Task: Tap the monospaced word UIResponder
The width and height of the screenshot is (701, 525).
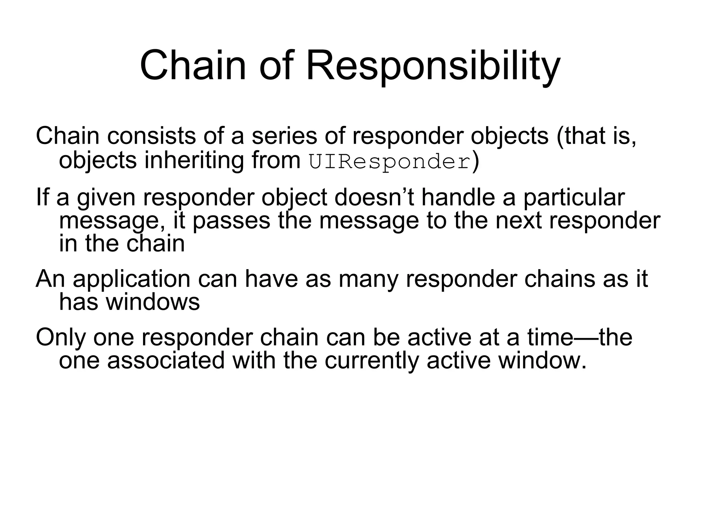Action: (389, 162)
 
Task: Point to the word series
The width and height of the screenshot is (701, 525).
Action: (284, 136)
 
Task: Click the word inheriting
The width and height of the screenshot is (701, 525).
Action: (194, 161)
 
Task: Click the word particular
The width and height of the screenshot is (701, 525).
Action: (574, 198)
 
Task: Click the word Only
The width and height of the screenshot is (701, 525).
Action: (61, 338)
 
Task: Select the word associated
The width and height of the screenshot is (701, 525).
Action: (166, 361)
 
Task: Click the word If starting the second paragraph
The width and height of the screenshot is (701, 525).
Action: (42, 198)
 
